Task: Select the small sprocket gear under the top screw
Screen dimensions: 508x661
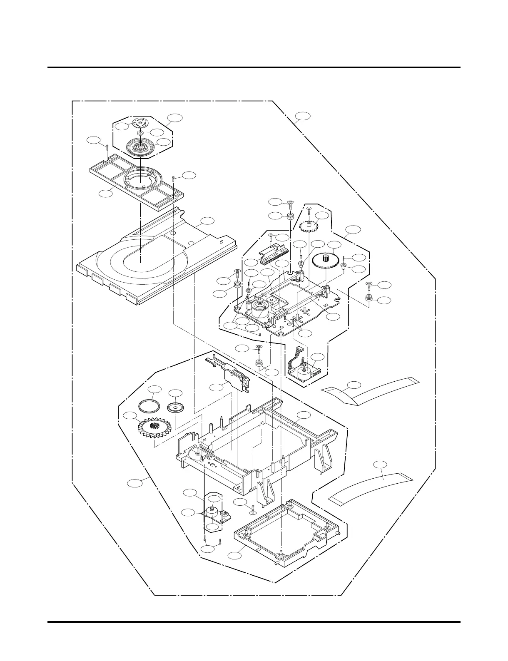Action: tap(309, 226)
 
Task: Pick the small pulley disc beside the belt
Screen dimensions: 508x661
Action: tap(175, 408)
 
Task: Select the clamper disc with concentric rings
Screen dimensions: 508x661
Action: tap(142, 147)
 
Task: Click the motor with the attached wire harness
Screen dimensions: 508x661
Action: tap(304, 368)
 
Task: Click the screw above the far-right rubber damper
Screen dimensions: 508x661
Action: tap(369, 285)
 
